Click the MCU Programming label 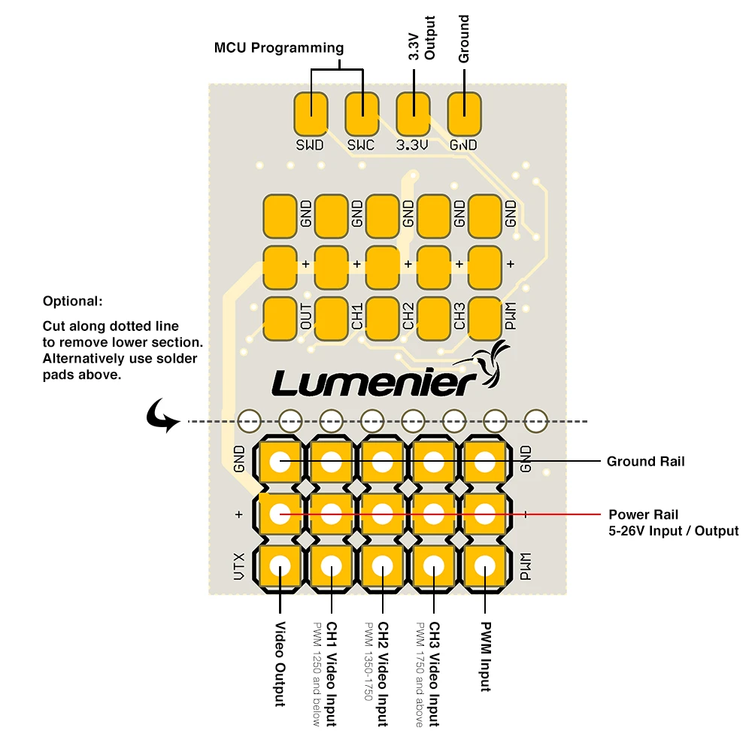click(279, 48)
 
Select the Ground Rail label click(645, 461)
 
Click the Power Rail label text click(644, 515)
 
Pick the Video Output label click(280, 664)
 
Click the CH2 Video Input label click(383, 674)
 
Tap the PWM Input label click(485, 656)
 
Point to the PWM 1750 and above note click(420, 674)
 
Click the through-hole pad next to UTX click(280, 566)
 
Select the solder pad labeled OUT click(280, 318)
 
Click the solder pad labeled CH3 click(434, 318)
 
